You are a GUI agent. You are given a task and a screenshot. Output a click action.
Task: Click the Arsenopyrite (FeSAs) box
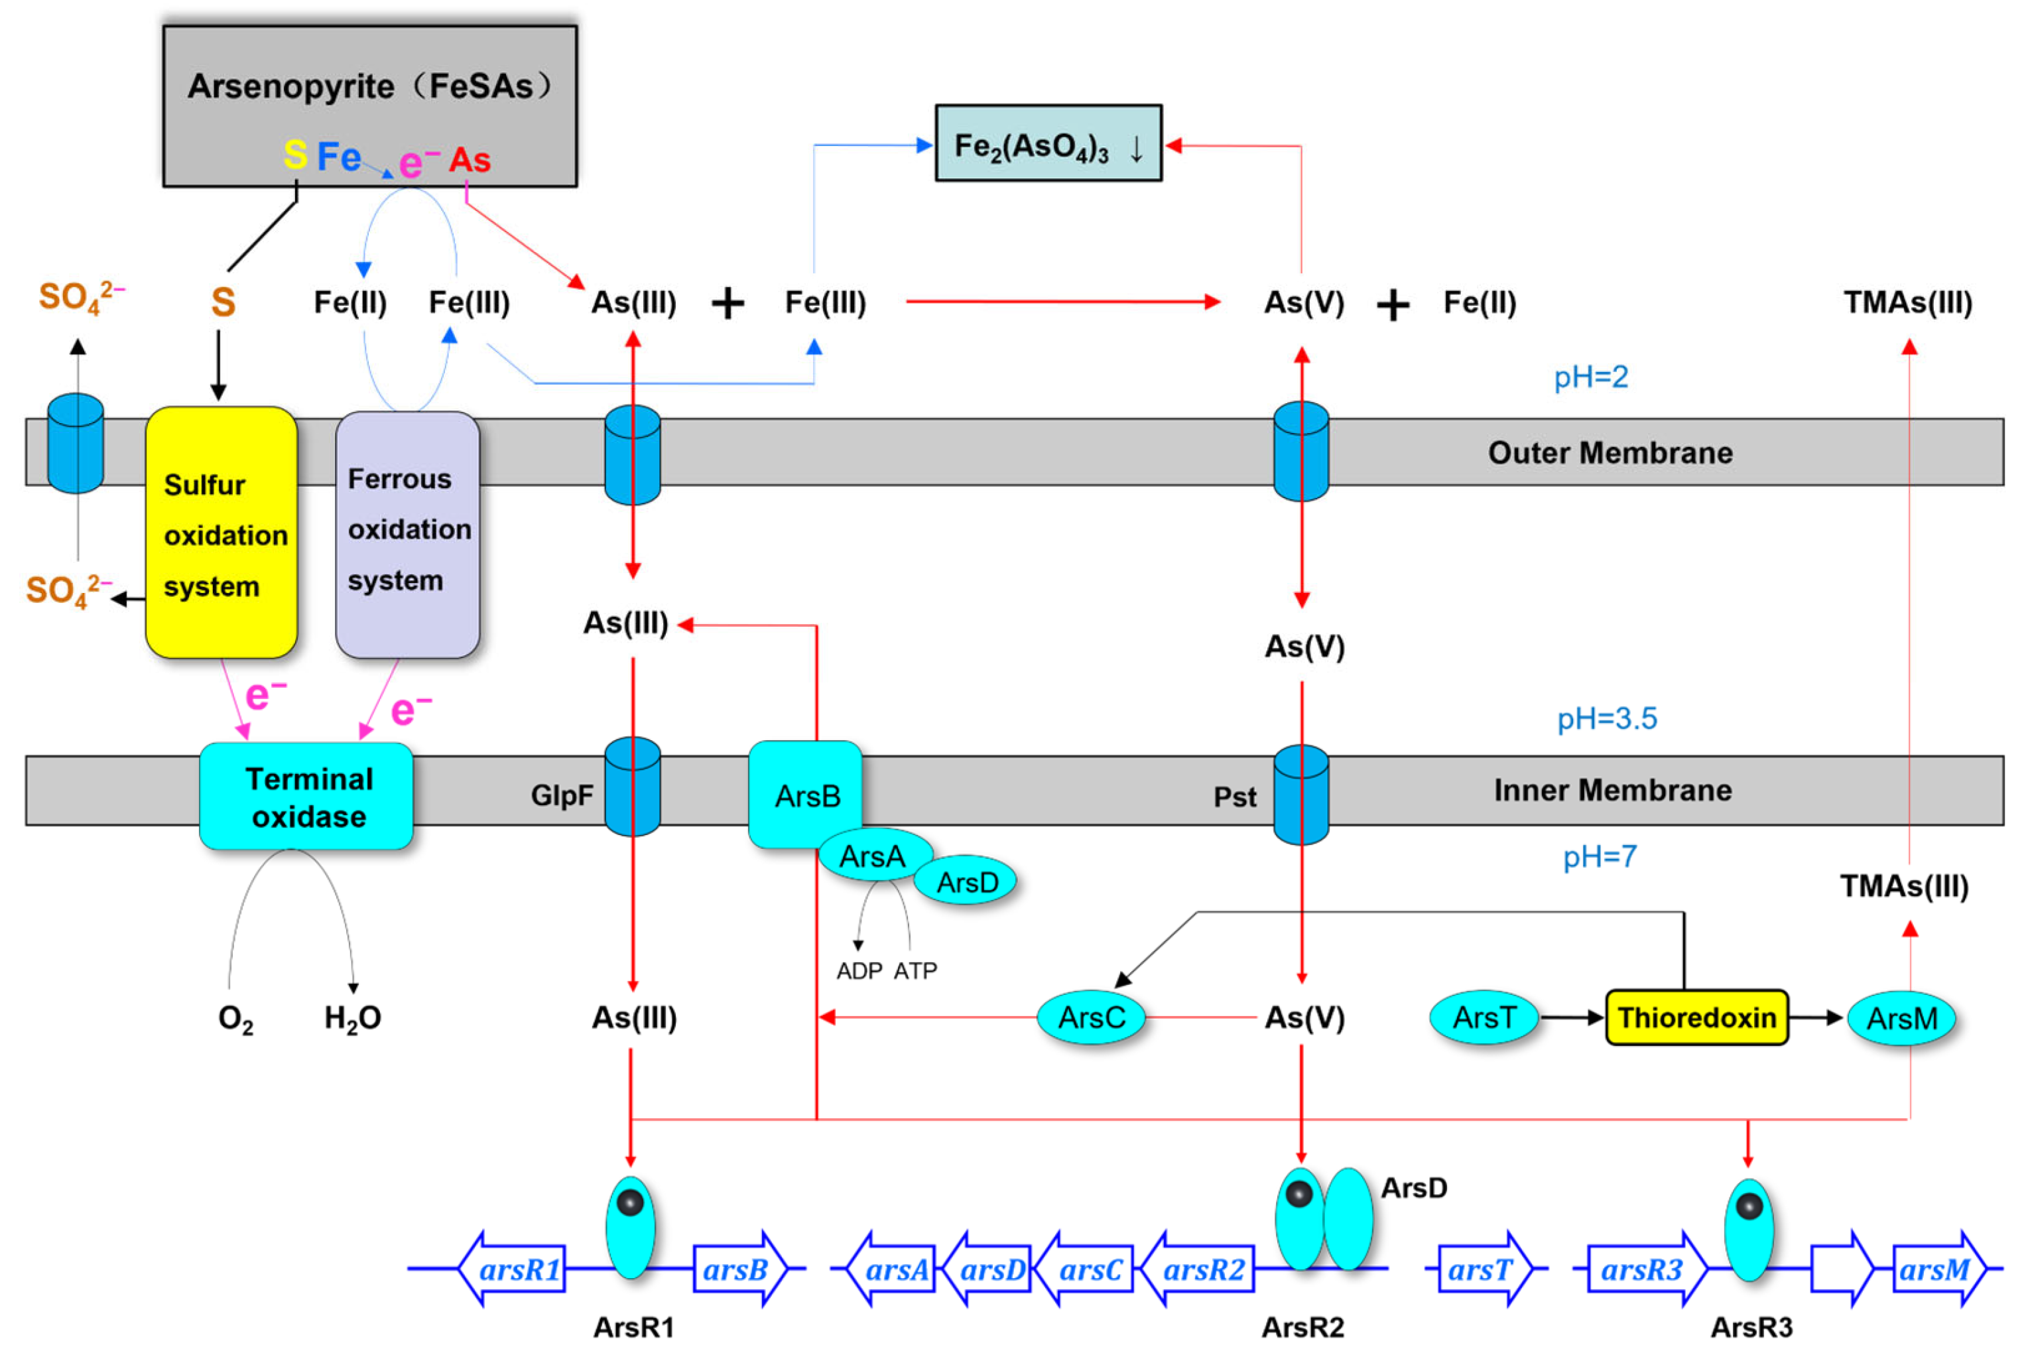tap(369, 105)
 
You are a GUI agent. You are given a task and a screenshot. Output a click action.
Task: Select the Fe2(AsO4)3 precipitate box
tap(1048, 143)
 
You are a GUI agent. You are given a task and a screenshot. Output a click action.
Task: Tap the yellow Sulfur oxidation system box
tap(222, 533)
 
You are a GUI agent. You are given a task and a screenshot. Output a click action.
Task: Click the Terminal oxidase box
tap(307, 797)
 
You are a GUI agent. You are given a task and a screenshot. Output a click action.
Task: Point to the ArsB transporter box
tap(806, 795)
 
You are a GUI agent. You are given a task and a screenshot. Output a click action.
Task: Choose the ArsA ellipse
tap(873, 856)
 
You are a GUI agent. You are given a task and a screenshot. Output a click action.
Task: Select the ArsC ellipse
tap(1091, 1018)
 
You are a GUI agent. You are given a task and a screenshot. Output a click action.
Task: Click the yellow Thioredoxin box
tap(1696, 1018)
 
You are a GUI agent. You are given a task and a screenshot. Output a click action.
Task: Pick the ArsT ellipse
tap(1484, 1018)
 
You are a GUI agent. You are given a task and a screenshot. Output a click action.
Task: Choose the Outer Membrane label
tap(1610, 453)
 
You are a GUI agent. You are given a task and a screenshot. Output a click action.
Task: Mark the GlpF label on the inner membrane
tap(562, 795)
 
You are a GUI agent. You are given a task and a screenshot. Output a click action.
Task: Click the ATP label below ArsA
tap(915, 972)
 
